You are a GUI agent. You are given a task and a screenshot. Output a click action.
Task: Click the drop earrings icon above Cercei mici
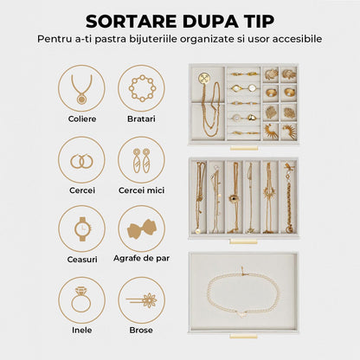click(x=141, y=159)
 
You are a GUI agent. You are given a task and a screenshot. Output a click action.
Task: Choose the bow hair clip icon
click(x=141, y=228)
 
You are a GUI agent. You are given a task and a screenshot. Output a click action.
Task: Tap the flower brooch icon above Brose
click(x=141, y=299)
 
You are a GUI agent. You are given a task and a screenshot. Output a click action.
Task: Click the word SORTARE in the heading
click(x=132, y=19)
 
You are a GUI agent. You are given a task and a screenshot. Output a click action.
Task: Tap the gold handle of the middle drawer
click(x=243, y=242)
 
